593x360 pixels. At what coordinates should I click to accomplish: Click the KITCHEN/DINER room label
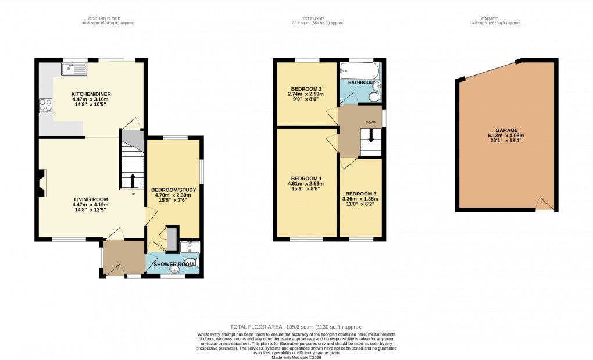[x=91, y=94]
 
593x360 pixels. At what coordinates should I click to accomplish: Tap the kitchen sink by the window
[x=74, y=70]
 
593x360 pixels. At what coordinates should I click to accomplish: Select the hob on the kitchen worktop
[x=46, y=105]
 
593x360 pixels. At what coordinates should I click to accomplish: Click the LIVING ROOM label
[x=90, y=199]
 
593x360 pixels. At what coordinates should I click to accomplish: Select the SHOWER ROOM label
[x=173, y=264]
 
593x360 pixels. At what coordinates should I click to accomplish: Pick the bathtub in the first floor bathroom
[x=360, y=72]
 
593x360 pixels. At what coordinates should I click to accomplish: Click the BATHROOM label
[x=360, y=83]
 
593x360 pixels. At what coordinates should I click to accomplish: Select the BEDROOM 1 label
[x=306, y=178]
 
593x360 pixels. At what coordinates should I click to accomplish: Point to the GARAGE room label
[x=507, y=130]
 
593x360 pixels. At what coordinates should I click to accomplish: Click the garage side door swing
[x=544, y=203]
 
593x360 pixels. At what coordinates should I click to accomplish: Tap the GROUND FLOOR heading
[x=98, y=19]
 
